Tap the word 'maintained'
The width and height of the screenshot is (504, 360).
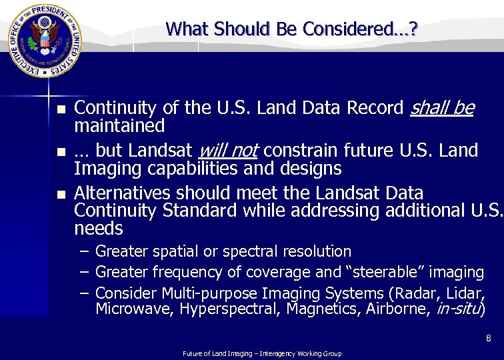click(119, 125)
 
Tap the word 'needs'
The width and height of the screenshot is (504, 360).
click(99, 229)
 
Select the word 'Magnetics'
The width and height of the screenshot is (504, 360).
click(323, 309)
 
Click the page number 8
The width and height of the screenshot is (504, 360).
click(489, 339)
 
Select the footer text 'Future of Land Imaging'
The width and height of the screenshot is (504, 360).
click(217, 353)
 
